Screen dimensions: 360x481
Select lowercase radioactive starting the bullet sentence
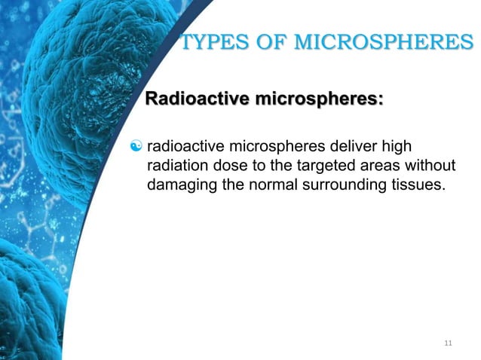(x=182, y=145)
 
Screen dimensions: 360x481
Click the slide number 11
(x=449, y=343)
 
